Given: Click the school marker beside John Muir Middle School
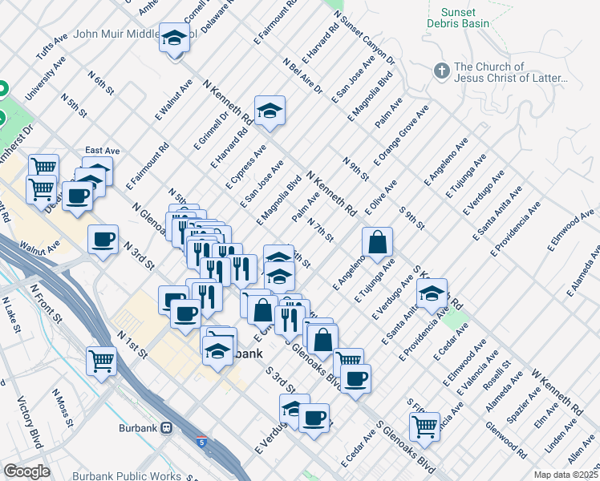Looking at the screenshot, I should [x=173, y=38].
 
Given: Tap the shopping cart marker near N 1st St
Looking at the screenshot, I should [x=101, y=361].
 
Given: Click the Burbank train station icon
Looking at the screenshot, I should [x=167, y=427].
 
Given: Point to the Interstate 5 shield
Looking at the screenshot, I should [x=200, y=441].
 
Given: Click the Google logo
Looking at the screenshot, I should [x=26, y=471].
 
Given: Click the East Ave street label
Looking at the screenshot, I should [x=102, y=150].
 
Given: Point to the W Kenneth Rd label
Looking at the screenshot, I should [x=555, y=388].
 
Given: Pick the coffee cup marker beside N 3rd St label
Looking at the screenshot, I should [x=103, y=240].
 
